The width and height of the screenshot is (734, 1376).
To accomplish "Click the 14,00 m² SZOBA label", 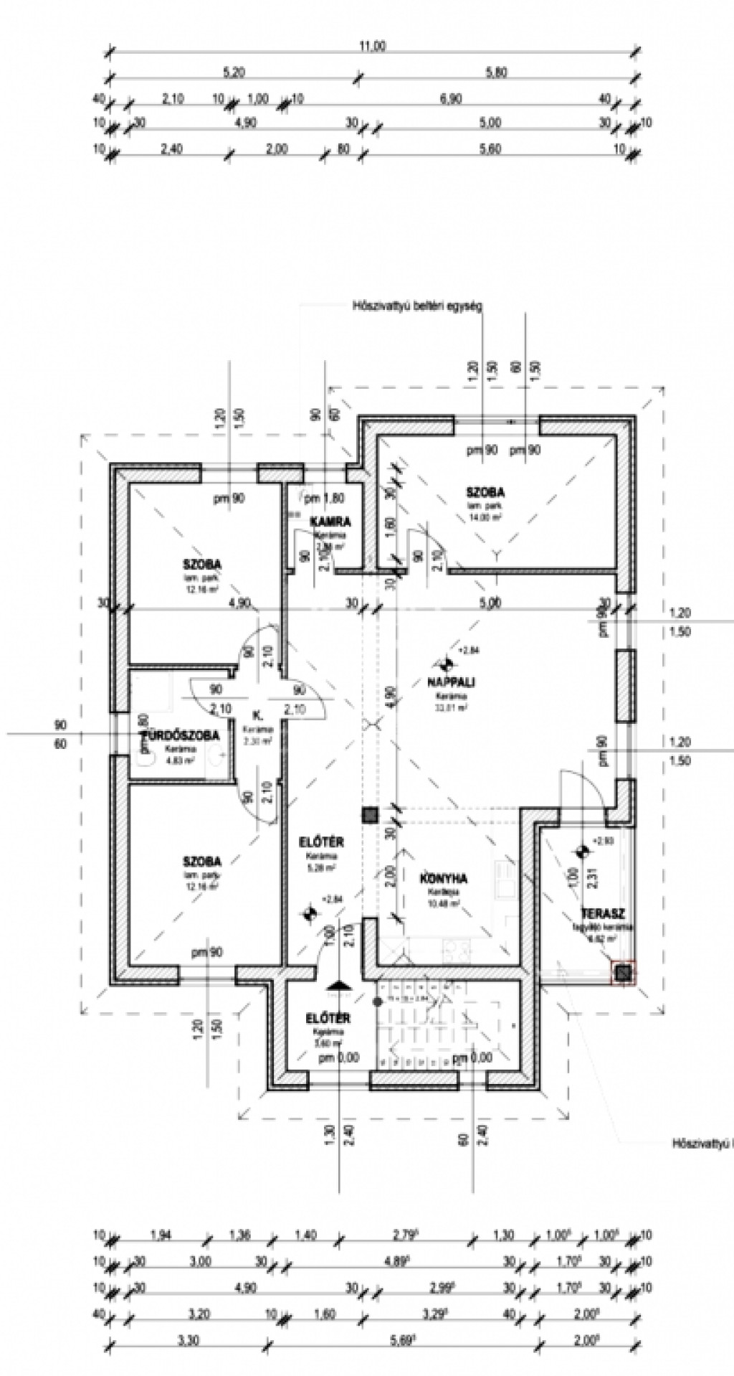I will click(485, 493).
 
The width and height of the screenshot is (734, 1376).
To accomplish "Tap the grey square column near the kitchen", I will click(370, 815).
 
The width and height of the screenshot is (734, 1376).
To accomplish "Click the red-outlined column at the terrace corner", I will click(624, 972).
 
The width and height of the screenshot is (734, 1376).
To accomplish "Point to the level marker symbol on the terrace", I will click(581, 851).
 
